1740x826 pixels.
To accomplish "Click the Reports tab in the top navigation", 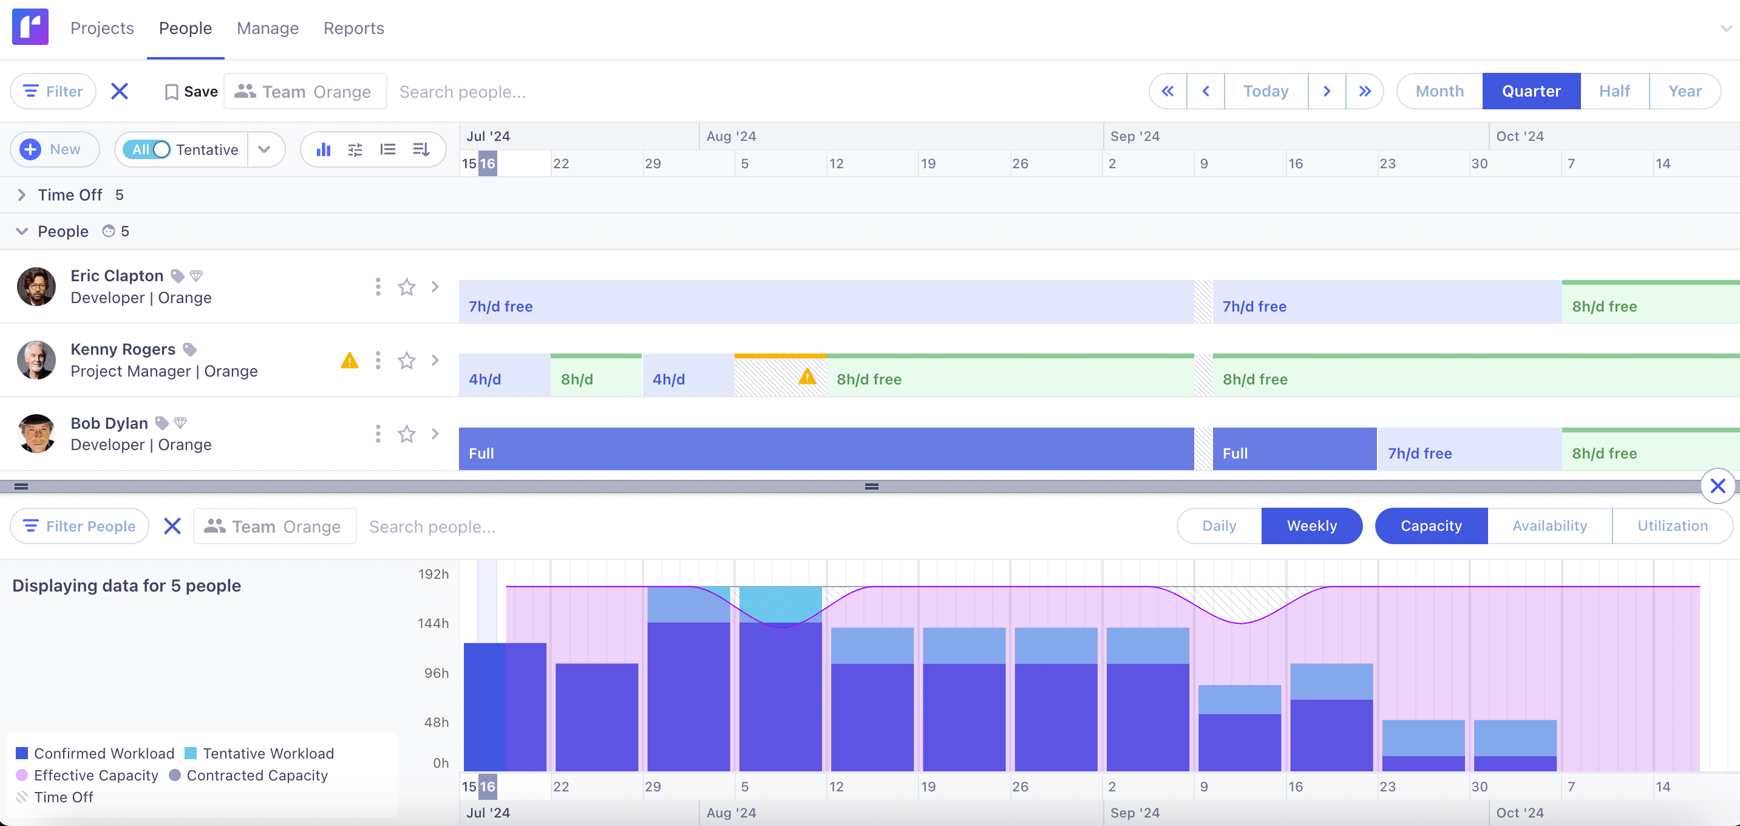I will coord(353,29).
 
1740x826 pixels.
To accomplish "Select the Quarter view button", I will coord(1531,91).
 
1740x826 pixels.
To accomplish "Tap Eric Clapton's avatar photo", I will coord(36,287).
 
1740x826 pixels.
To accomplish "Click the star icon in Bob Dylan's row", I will coord(406,434).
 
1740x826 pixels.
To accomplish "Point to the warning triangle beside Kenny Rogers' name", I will coord(349,361).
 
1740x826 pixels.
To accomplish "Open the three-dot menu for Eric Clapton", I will coord(378,287).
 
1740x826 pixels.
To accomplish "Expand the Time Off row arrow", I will coord(22,196).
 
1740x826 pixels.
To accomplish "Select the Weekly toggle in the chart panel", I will coord(1311,526).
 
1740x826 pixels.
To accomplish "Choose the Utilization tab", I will coord(1672,526).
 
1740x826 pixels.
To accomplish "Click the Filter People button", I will coord(80,526).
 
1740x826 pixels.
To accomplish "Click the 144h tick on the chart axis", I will coord(433,623).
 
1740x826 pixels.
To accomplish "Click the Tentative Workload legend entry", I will coord(260,753).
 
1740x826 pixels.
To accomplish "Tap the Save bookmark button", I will coord(191,92).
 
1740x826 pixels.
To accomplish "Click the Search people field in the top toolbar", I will coord(462,92).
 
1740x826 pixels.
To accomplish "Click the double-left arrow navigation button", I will coord(1167,91).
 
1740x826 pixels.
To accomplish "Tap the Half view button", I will coord(1614,91).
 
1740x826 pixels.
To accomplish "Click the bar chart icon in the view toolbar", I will coord(324,149).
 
